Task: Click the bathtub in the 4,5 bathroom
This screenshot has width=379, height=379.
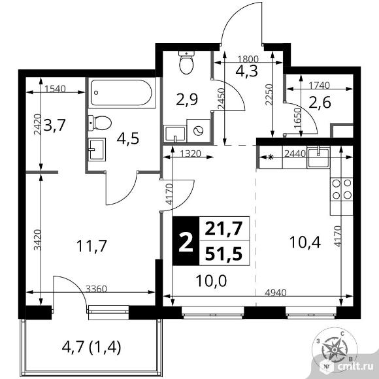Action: [x=122, y=93]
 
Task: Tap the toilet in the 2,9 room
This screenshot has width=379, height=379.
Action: [x=186, y=62]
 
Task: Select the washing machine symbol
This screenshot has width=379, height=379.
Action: [x=199, y=131]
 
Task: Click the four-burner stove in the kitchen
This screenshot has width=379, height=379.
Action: [x=342, y=189]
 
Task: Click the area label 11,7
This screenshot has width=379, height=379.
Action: [x=91, y=246]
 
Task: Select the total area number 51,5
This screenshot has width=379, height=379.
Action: [x=223, y=254]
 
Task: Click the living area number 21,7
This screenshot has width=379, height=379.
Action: [x=223, y=229]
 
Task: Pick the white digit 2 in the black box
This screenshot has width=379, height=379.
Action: [x=186, y=242]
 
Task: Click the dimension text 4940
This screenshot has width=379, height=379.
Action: [x=276, y=293]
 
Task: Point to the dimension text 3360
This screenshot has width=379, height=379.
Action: [x=97, y=289]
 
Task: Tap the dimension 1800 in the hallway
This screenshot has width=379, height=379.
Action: [x=248, y=59]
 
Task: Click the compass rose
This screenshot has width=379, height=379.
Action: [x=334, y=350]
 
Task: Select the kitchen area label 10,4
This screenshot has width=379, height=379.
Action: [x=305, y=242]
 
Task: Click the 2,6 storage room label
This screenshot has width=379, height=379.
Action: [x=320, y=103]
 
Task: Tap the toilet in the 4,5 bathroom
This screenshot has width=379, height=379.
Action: [x=99, y=123]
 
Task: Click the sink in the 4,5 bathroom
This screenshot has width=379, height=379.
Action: [x=97, y=150]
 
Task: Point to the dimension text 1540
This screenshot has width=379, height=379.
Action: [x=56, y=89]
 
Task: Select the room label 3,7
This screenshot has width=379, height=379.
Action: [x=54, y=125]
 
